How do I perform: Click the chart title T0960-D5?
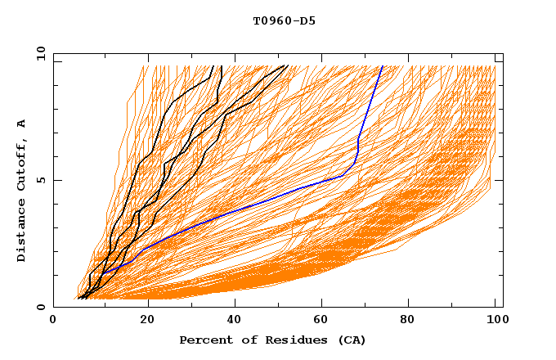(284, 20)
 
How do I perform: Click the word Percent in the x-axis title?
(204, 340)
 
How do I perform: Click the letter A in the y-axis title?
(22, 124)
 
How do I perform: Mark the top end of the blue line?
(383, 65)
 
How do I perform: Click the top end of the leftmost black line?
(213, 65)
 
